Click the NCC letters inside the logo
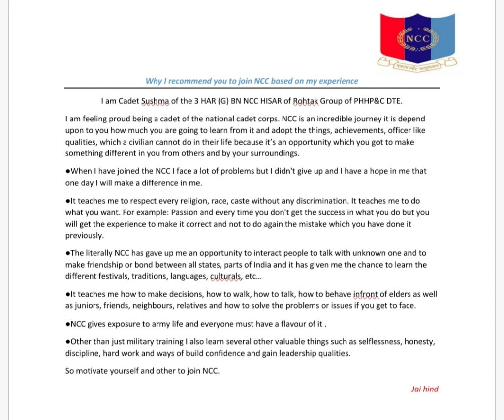click(417, 39)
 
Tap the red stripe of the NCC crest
click(391, 34)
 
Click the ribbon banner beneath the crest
click(417, 63)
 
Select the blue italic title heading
click(252, 81)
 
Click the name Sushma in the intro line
click(155, 102)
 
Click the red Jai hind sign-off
click(425, 389)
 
